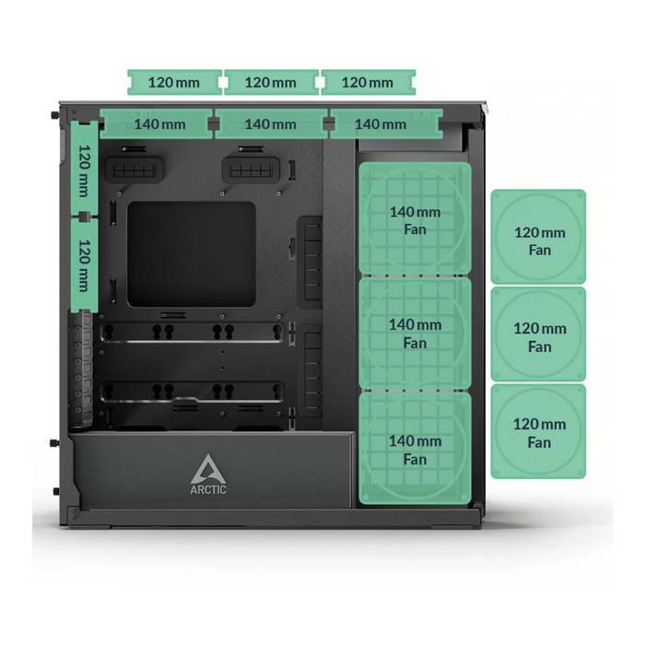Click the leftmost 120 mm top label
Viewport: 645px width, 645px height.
coord(174,82)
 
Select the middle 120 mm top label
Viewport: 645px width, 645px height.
coord(271,82)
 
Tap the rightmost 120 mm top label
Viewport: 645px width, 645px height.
coord(369,82)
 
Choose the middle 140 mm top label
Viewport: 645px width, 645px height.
coord(271,123)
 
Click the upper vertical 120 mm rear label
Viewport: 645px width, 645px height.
coord(85,168)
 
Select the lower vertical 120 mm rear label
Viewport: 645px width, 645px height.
coord(85,265)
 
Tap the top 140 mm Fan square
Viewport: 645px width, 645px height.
coord(415,218)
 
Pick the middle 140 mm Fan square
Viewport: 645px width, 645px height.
coord(415,334)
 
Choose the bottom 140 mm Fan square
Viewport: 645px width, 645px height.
coord(415,449)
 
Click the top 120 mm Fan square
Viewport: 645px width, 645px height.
coord(538,237)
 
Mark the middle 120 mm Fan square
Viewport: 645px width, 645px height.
coord(538,334)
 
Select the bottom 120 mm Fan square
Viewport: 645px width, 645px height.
coord(538,431)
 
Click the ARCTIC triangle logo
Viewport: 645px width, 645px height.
coord(208,469)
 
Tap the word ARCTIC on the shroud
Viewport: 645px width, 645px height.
coord(208,489)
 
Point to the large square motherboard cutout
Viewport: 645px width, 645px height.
coord(192,254)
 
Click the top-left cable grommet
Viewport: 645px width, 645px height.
coord(135,170)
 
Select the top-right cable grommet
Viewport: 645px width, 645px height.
coord(251,170)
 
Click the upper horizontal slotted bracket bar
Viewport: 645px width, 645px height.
coord(192,333)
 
